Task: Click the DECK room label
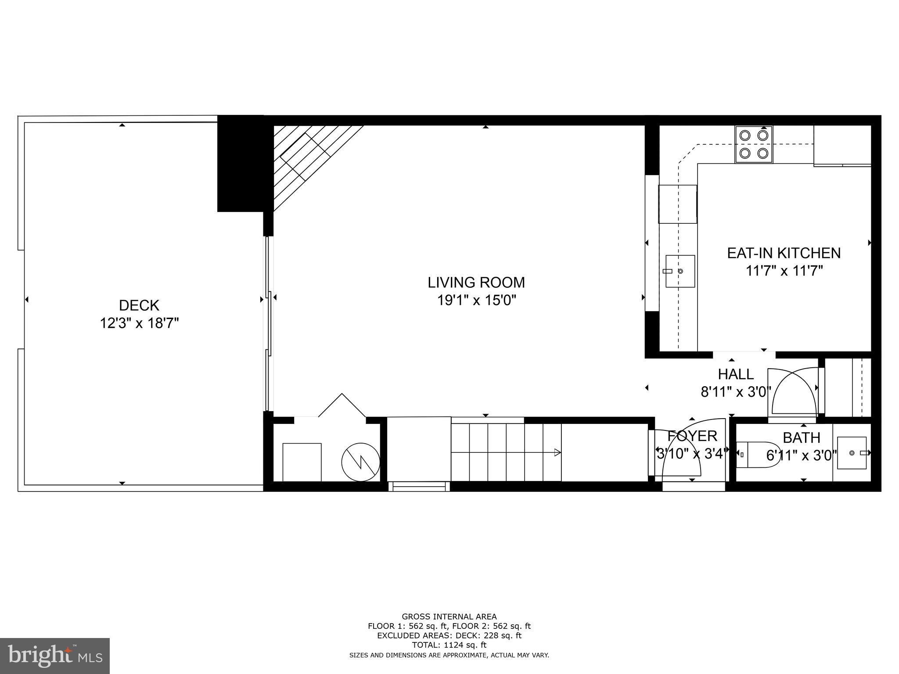(x=139, y=305)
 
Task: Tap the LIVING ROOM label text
(x=476, y=283)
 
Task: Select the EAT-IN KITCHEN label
(x=784, y=253)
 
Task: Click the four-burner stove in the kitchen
(x=754, y=144)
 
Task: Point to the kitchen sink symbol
(x=680, y=271)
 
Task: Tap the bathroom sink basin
(x=852, y=453)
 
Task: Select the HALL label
(x=736, y=374)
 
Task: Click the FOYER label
(x=692, y=436)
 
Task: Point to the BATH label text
(x=801, y=438)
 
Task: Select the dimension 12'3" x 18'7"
(x=139, y=324)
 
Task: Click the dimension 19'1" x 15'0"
(x=476, y=301)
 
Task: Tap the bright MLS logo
(x=55, y=656)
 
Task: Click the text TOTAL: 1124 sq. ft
(x=449, y=645)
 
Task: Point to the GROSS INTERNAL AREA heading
(x=449, y=617)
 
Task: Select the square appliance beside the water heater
(x=302, y=462)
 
